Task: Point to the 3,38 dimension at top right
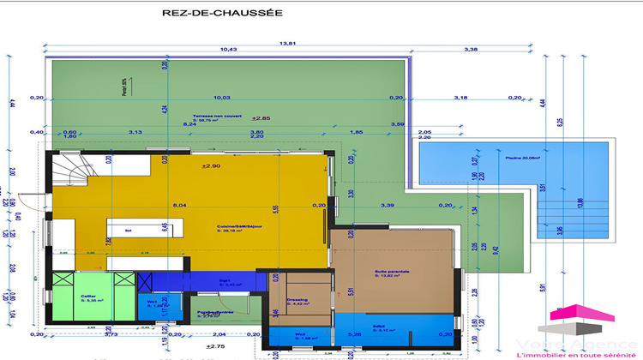click(x=471, y=50)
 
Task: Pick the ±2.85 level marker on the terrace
click(x=261, y=117)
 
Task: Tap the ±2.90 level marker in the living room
click(x=210, y=165)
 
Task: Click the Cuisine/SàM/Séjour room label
click(x=238, y=229)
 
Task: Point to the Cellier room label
click(x=88, y=296)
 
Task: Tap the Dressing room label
click(x=297, y=300)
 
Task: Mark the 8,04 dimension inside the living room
click(x=179, y=206)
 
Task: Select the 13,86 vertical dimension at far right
click(x=580, y=201)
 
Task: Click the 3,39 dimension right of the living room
click(x=388, y=206)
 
